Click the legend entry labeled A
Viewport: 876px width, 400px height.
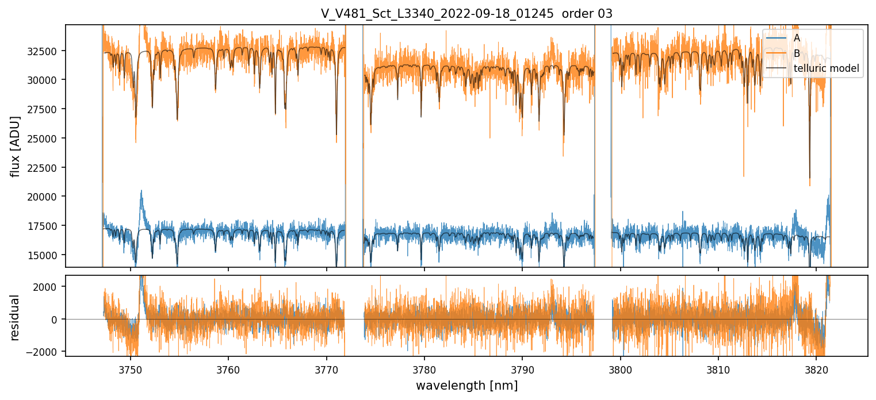click(797, 38)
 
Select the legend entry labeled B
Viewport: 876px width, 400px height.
click(797, 53)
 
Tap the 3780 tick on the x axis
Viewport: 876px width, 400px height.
click(424, 368)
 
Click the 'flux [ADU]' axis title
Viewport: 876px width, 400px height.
click(16, 146)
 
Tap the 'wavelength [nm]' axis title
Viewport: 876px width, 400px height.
click(466, 385)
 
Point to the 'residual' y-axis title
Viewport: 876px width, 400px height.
click(16, 317)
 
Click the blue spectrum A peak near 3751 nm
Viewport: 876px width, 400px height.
click(141, 192)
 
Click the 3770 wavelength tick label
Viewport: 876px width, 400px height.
click(327, 368)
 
